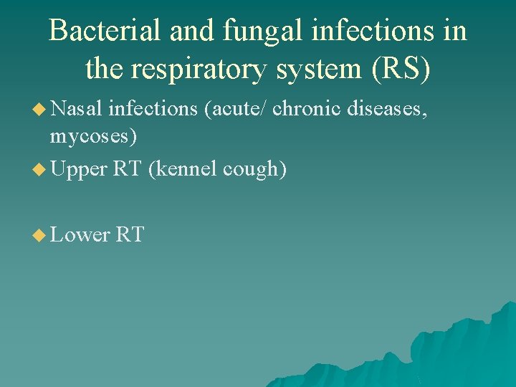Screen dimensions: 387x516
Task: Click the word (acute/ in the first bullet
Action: (x=234, y=108)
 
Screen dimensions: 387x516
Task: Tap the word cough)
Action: (x=255, y=169)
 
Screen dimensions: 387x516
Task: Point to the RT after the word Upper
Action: (x=125, y=169)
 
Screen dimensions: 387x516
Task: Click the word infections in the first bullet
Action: (x=153, y=108)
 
